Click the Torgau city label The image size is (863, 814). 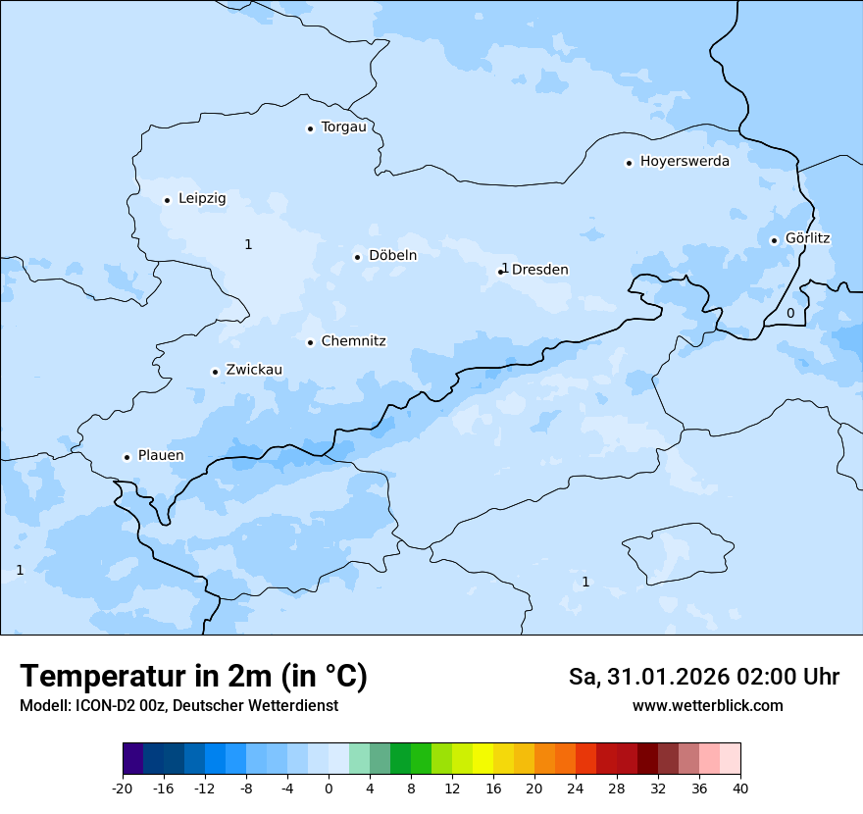point(343,127)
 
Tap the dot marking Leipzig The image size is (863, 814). point(168,200)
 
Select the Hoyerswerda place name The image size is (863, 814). point(685,162)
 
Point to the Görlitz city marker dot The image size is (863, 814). point(774,240)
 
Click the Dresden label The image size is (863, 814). point(539,270)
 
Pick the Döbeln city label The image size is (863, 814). point(392,256)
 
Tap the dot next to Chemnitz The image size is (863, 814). point(310,343)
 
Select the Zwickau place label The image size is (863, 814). point(254,371)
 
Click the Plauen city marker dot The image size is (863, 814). point(127,457)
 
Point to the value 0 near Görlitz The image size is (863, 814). point(790,314)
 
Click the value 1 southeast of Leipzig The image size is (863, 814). point(248,244)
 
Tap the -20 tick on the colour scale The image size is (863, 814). point(123,789)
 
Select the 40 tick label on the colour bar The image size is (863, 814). point(740,789)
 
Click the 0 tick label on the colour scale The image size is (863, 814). point(329,789)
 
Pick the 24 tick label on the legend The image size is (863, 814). point(576,789)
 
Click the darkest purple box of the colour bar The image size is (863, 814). point(132,759)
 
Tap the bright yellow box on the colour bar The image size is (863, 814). point(482,759)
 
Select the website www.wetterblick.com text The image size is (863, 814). point(707,706)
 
